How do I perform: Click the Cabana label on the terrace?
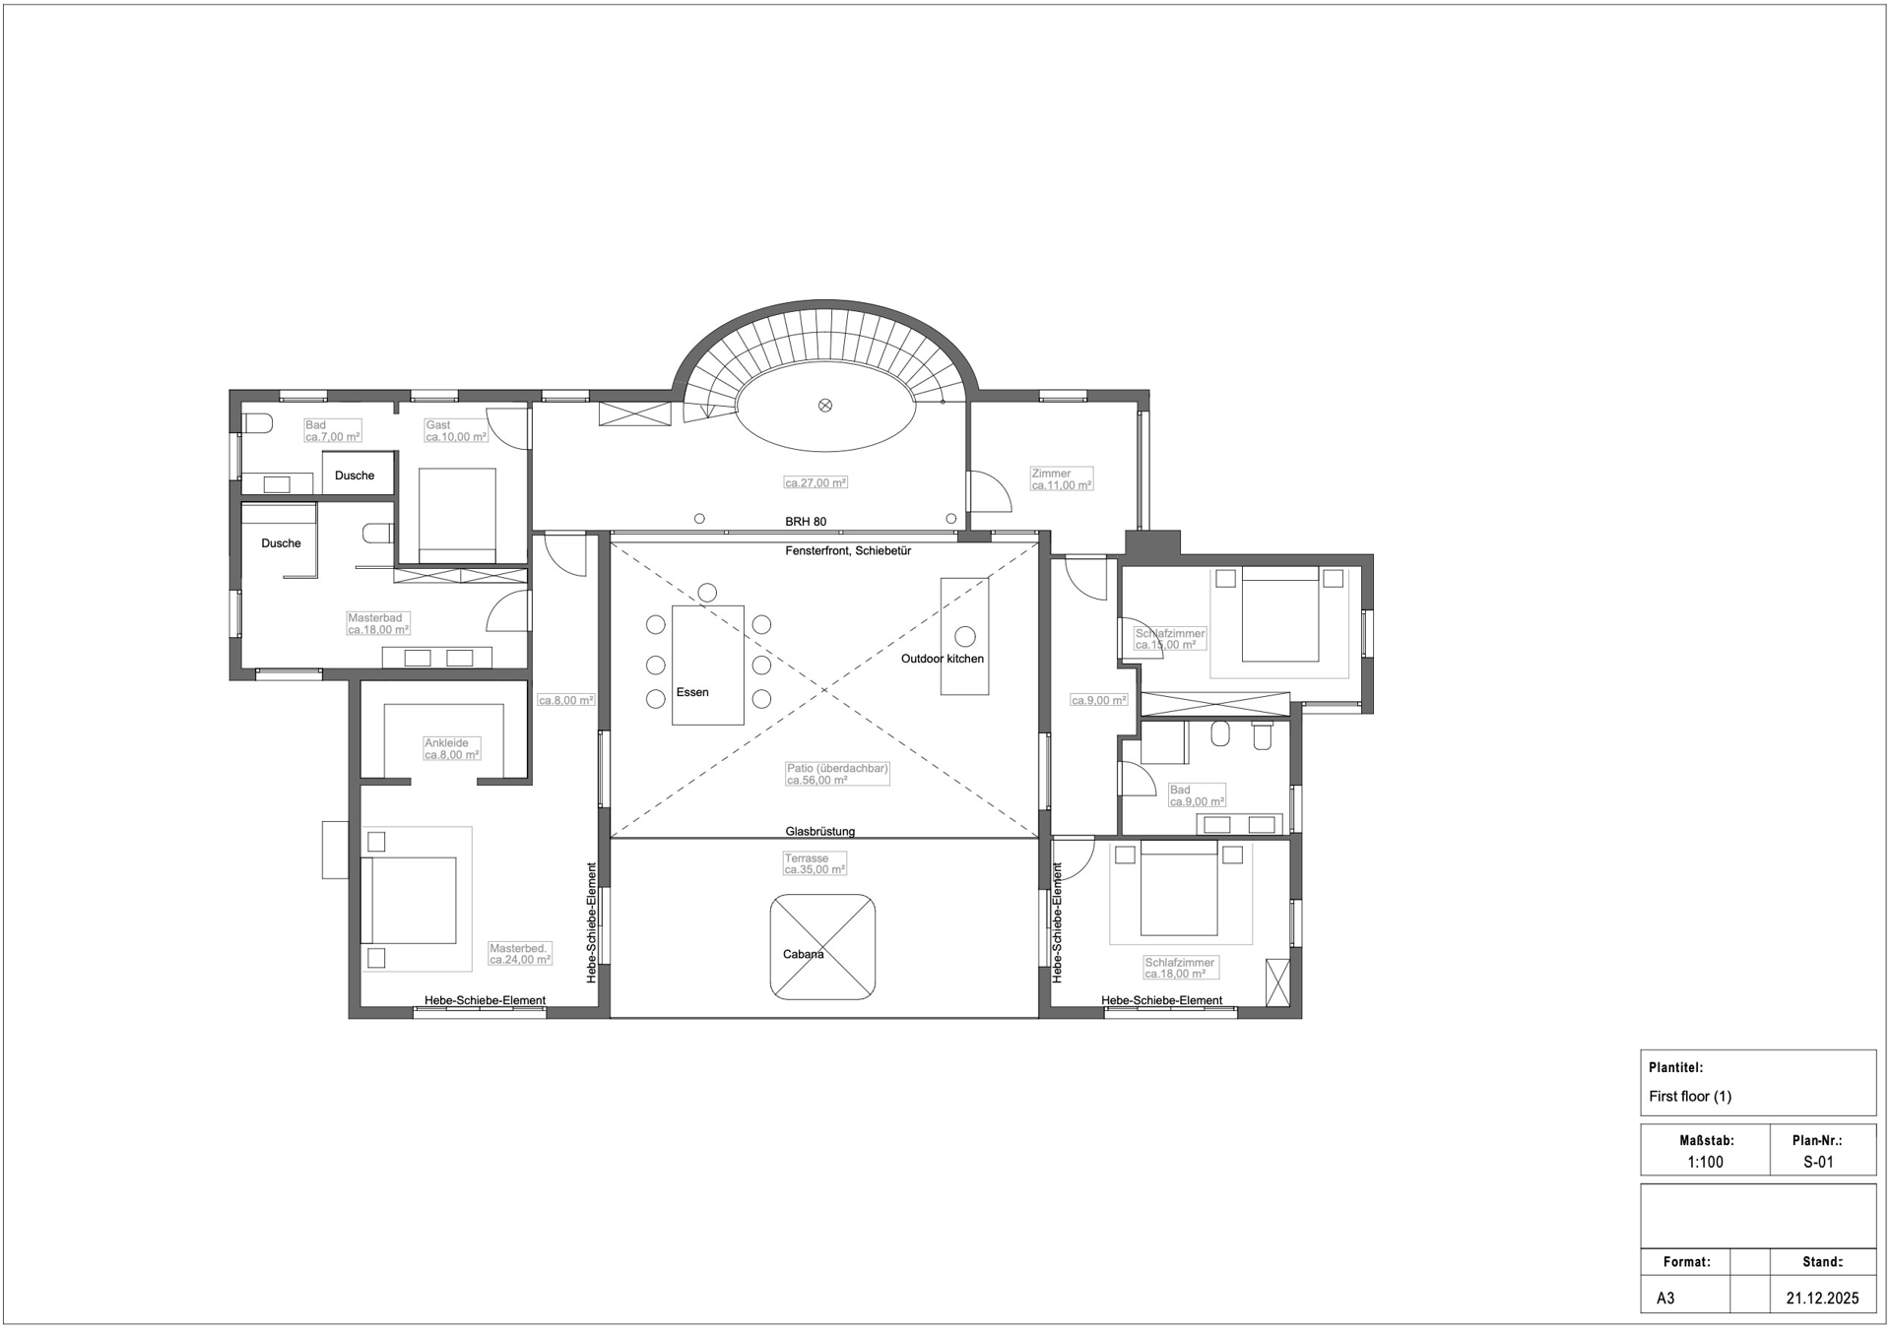coord(803,954)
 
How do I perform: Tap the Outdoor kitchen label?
coord(943,659)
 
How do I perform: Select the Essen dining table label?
coord(692,692)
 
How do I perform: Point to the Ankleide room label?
coord(446,743)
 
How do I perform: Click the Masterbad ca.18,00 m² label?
coord(378,624)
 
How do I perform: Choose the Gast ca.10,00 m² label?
coord(456,431)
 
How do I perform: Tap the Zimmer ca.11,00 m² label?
coord(1062,479)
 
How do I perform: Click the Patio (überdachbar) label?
coord(837,768)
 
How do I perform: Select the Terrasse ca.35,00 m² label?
coord(815,864)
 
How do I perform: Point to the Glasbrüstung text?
coord(820,831)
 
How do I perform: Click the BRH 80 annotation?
coord(806,522)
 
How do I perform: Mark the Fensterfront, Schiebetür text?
coord(848,550)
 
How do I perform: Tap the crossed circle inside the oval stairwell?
coord(825,405)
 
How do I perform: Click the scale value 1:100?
coord(1706,1162)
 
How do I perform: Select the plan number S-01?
coord(1818,1162)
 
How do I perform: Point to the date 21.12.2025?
coord(1822,1299)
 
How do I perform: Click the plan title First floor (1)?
coord(1690,1096)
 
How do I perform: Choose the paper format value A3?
coord(1665,1299)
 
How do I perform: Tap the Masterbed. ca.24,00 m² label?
coord(520,954)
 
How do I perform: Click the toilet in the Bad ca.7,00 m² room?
coord(256,423)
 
